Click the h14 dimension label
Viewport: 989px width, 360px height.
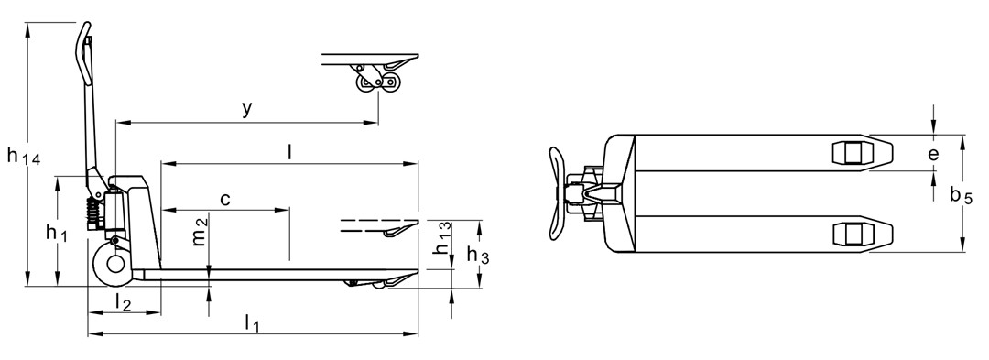click(24, 157)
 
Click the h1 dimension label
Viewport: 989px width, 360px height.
click(56, 234)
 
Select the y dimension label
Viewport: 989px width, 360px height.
click(246, 109)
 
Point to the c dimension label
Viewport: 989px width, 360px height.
click(224, 198)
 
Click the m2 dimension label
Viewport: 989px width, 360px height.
click(201, 235)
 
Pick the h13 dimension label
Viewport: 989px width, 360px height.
click(442, 236)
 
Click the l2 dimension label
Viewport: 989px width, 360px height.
click(124, 301)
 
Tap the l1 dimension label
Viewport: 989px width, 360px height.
click(252, 322)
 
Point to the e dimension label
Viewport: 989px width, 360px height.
click(932, 155)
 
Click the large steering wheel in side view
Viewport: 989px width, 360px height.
click(114, 266)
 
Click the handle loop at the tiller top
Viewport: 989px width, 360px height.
click(85, 40)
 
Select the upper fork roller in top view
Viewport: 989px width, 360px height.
click(853, 153)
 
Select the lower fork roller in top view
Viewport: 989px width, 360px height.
click(853, 235)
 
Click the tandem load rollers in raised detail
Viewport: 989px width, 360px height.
click(376, 83)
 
